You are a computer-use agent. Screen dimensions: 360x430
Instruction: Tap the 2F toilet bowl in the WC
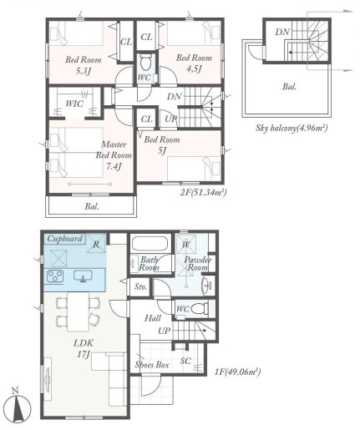[x=145, y=63]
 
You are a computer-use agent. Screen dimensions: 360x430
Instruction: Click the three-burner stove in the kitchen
[x=55, y=276]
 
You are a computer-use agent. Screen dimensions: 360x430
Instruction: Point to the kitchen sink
[x=83, y=276]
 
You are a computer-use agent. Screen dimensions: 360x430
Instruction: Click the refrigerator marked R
[x=96, y=243]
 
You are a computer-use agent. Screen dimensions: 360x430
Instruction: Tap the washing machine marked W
[x=186, y=244]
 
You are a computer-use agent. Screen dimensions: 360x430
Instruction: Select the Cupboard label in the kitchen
[x=65, y=239]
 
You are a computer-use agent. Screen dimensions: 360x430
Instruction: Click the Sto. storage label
[x=140, y=286]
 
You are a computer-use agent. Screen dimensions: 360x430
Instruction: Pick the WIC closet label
[x=74, y=104]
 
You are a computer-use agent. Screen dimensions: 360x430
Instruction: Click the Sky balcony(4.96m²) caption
[x=292, y=128]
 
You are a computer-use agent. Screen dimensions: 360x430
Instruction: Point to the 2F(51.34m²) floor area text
[x=203, y=192]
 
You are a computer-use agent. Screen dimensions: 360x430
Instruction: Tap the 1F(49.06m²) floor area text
[x=237, y=372]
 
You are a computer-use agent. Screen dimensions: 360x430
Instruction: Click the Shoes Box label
[x=152, y=364]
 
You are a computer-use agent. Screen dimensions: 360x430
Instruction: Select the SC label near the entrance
[x=185, y=361]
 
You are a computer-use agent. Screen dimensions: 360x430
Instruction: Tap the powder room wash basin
[x=206, y=285]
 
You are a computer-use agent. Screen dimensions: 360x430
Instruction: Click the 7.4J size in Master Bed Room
[x=114, y=166]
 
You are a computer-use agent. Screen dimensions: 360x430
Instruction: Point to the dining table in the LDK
[x=78, y=311]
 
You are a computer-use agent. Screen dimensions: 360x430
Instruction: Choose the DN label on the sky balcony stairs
[x=282, y=32]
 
